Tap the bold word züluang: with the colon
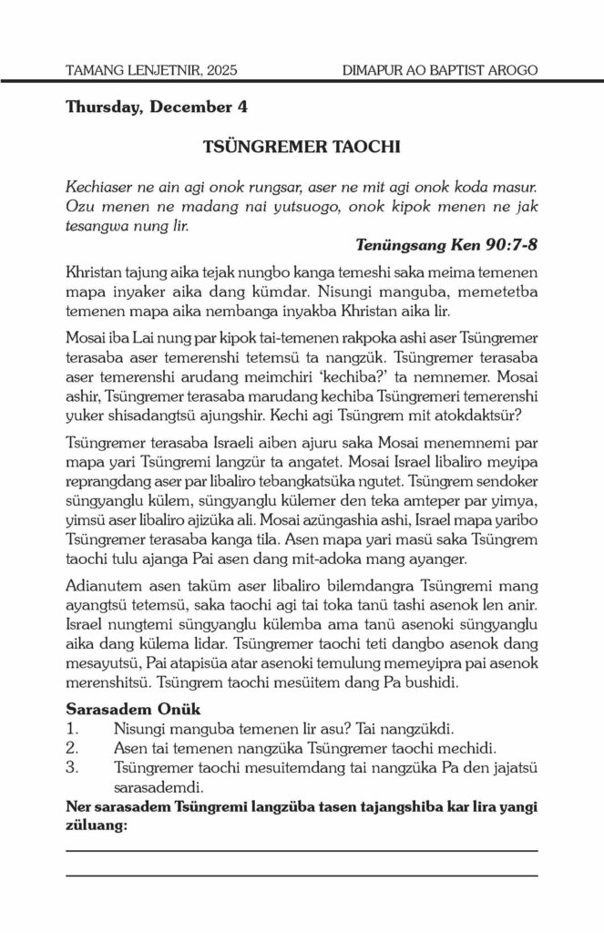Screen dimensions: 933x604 (x=97, y=825)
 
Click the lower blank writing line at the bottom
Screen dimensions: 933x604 (x=302, y=875)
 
